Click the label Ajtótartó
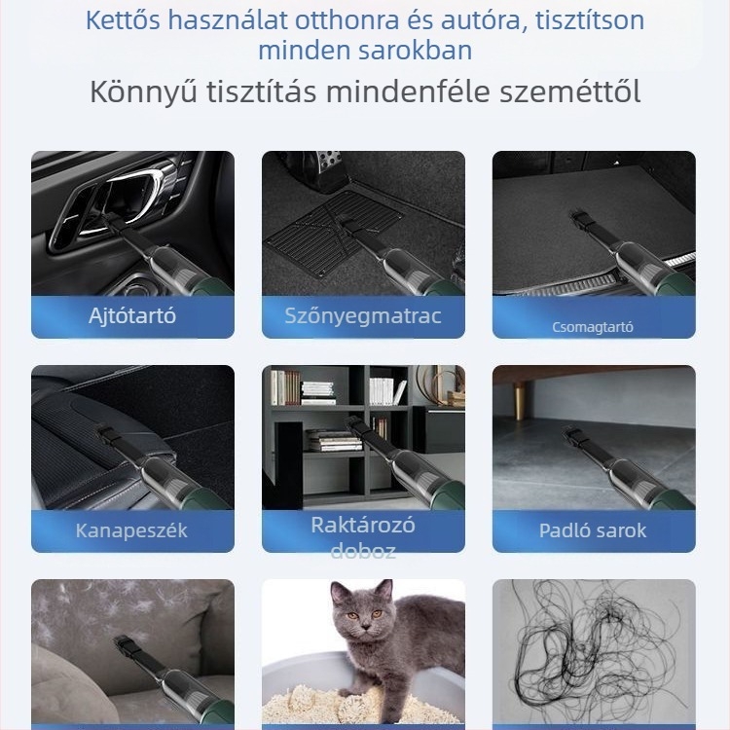coord(132,316)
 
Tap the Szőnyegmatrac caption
coord(363,315)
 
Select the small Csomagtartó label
coord(593,327)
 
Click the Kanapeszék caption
coord(132,530)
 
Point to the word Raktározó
coord(363,525)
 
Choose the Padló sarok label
coord(593,530)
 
